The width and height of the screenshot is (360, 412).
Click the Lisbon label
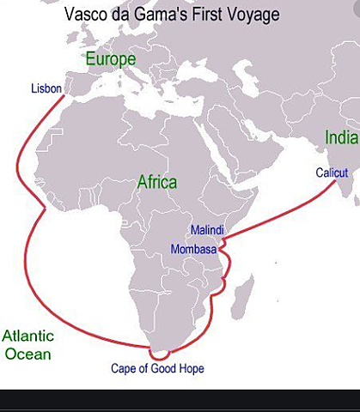(x=46, y=88)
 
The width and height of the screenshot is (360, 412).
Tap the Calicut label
(x=332, y=173)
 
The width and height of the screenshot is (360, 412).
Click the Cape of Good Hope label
(x=158, y=369)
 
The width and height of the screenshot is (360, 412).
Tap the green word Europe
(x=110, y=59)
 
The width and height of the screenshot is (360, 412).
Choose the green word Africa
(x=157, y=182)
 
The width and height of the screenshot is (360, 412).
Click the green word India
(x=338, y=137)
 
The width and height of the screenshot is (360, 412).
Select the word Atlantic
(x=27, y=336)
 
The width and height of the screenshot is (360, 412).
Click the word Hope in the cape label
(x=190, y=369)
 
